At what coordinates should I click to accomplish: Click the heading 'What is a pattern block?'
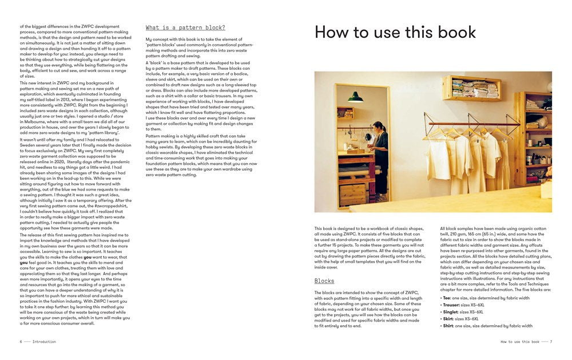tap(185, 27)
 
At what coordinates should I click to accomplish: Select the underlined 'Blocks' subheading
tap(324, 281)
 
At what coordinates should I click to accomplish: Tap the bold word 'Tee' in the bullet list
tap(446, 298)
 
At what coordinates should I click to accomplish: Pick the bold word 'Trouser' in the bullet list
tap(451, 305)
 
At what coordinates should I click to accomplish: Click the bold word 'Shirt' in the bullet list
tap(448, 326)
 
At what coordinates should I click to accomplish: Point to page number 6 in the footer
tap(21, 342)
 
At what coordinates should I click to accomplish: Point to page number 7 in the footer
tap(551, 342)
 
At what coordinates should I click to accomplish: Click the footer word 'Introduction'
tap(45, 342)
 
